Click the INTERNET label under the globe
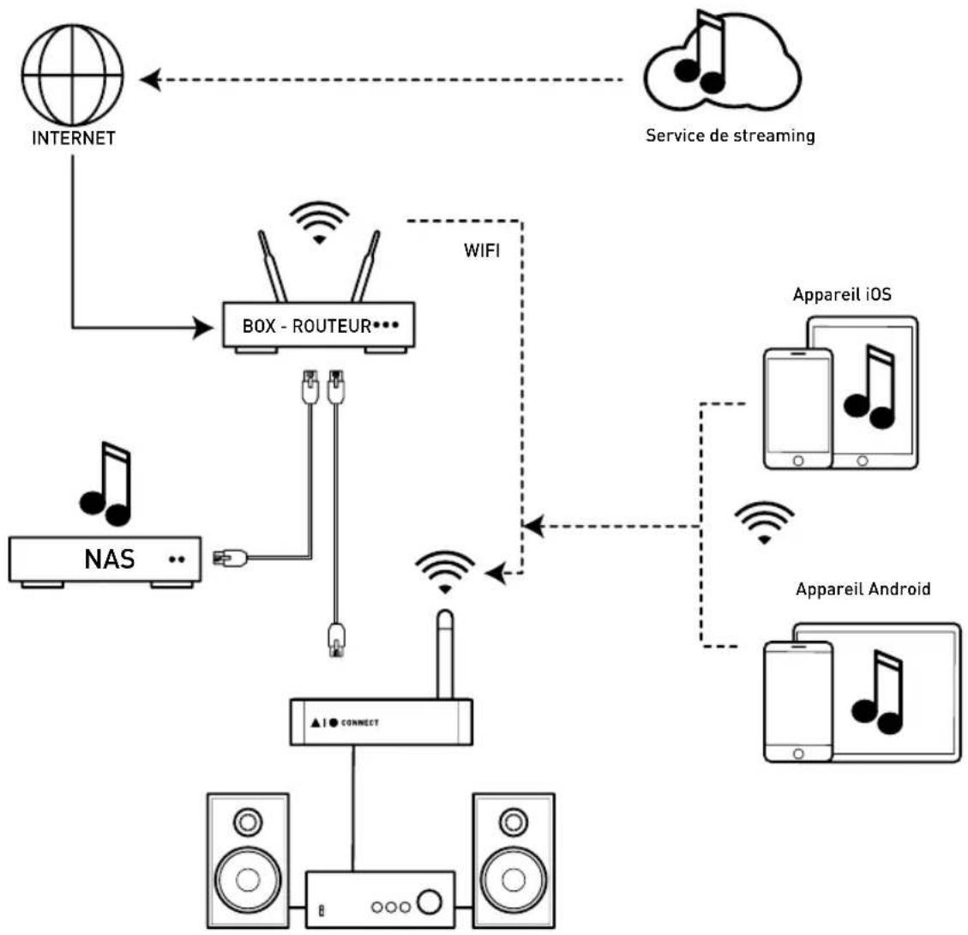[x=74, y=138]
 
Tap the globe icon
[x=72, y=75]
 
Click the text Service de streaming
[x=731, y=136]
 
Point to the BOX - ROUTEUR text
[x=306, y=325]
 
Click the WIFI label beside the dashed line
[x=482, y=250]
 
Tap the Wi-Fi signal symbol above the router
[x=319, y=221]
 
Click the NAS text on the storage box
[x=109, y=559]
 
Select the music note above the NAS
[x=105, y=484]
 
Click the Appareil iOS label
[x=842, y=294]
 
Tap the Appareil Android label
[x=863, y=589]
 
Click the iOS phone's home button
[x=797, y=461]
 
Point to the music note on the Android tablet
[x=877, y=691]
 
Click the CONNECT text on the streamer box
[x=360, y=722]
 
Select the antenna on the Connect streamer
[x=445, y=654]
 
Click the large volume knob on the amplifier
[x=430, y=902]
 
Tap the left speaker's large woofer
[x=248, y=880]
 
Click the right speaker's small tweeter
[x=514, y=823]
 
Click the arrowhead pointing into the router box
[x=203, y=327]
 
